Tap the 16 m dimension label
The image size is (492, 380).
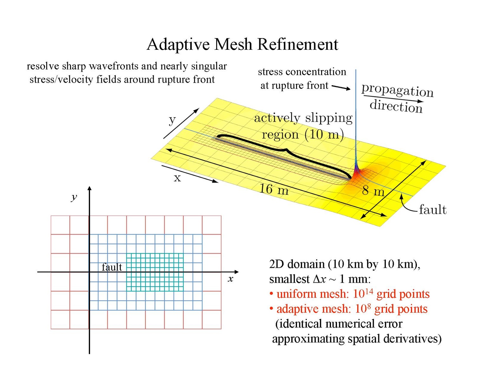(274, 189)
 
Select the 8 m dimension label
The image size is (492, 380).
(373, 191)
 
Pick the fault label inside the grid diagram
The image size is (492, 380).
(112, 267)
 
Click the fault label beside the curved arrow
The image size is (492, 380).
(433, 209)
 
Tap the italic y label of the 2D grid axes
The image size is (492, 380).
(74, 197)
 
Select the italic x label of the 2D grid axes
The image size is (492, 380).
(230, 279)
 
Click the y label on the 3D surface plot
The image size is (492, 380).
(172, 119)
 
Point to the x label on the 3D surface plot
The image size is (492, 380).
(177, 178)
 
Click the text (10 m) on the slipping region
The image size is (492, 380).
(324, 134)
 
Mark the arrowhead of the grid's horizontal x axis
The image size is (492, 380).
(236, 272)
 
